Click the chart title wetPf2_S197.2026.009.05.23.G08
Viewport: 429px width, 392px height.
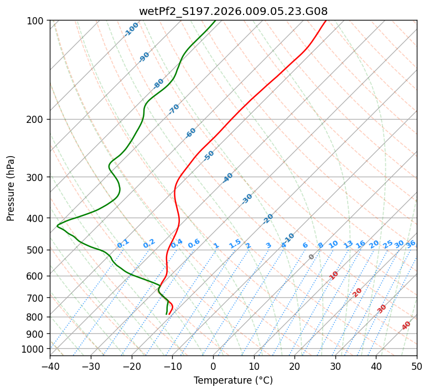(x=233, y=11)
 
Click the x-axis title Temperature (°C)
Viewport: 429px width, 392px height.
(x=233, y=380)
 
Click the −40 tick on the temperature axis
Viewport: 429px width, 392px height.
(x=50, y=367)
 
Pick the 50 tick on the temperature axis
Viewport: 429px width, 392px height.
(x=417, y=367)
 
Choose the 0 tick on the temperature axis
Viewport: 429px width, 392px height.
(x=213, y=367)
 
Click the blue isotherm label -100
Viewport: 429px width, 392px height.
(x=132, y=29)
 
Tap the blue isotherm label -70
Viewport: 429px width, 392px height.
(x=174, y=109)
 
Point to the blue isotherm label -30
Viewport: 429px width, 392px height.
(x=247, y=199)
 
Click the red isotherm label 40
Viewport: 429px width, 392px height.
(x=406, y=326)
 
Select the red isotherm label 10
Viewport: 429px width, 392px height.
(x=334, y=275)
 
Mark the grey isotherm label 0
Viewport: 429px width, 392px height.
(x=312, y=257)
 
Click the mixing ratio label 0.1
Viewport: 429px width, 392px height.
(x=123, y=243)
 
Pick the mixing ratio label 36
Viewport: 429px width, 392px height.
(x=411, y=244)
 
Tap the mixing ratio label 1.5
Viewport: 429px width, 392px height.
(x=235, y=243)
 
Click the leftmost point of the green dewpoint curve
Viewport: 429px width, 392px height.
(x=57, y=225)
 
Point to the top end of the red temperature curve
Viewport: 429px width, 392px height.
(x=325, y=20)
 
